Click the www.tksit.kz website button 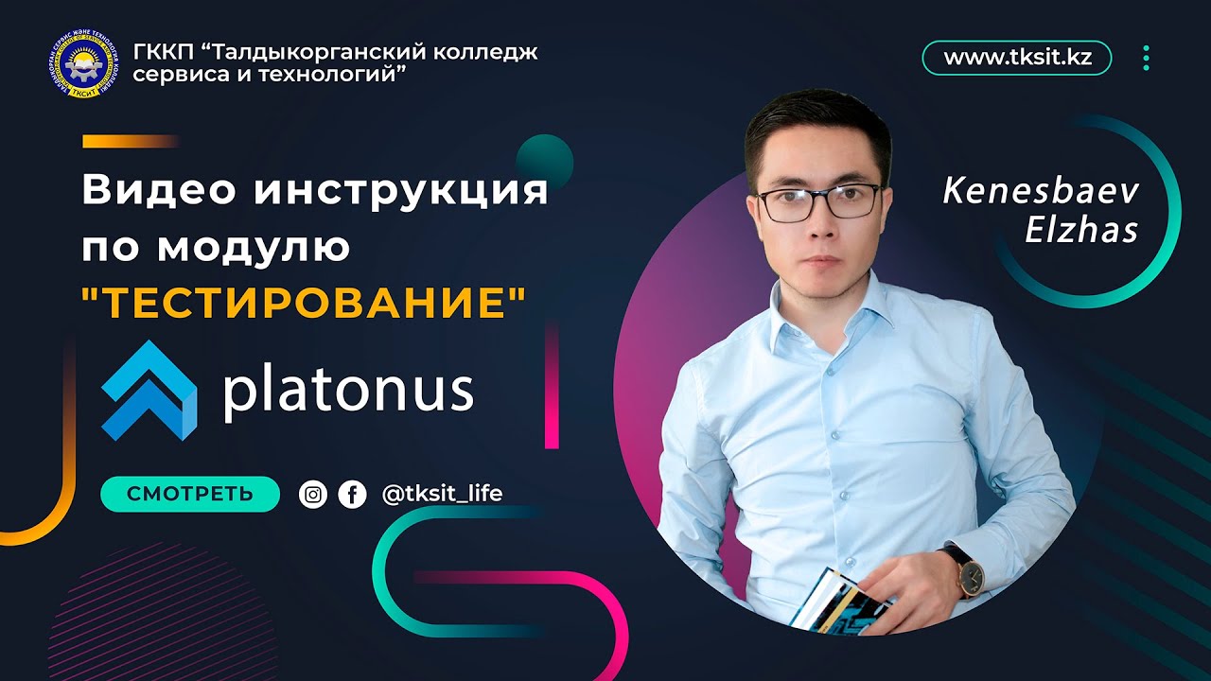(1017, 58)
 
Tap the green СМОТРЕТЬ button (189, 494)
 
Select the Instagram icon (313, 494)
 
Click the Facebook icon (352, 494)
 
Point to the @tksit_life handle (442, 494)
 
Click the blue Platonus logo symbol (149, 390)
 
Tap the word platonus (347, 391)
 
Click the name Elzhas (1081, 231)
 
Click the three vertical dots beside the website (1146, 58)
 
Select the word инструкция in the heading (400, 191)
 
